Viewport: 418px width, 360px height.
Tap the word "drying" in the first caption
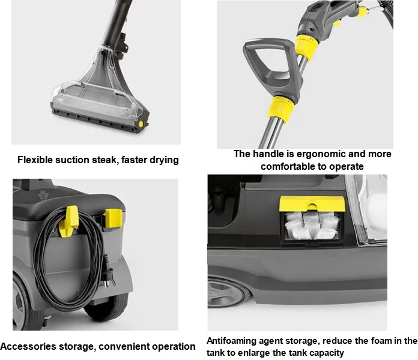coord(163,160)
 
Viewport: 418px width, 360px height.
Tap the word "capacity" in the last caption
coord(326,352)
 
